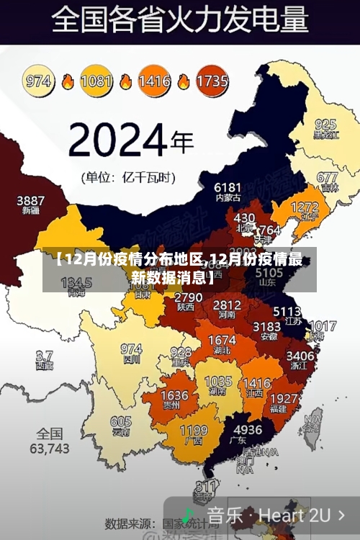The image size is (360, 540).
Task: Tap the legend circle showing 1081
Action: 96,81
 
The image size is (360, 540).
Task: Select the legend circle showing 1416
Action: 154,81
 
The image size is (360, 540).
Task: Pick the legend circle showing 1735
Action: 212,81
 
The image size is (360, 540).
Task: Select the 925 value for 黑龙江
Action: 325,125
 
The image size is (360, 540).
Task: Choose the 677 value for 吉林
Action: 327,177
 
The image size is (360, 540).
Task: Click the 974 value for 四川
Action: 131,348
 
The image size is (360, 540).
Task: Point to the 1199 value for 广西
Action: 193,430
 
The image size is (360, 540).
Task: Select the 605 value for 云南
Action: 121,422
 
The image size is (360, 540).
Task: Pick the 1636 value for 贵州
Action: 174,396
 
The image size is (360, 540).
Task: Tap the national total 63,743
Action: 50,449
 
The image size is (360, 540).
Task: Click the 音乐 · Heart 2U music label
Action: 268,516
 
